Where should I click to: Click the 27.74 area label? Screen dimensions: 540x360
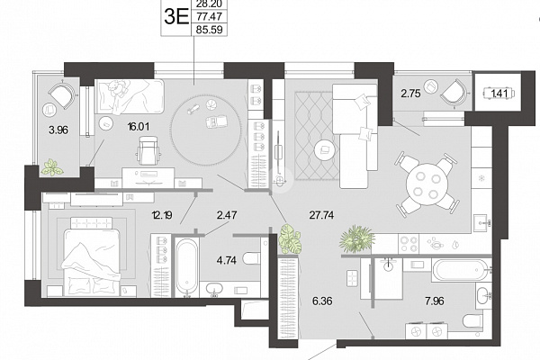coord(321,215)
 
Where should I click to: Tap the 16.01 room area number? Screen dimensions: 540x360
coord(139,127)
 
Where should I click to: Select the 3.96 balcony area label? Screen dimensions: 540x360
coord(58,130)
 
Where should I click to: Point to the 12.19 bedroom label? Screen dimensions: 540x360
coord(162,216)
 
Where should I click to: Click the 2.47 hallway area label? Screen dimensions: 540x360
coord(227,215)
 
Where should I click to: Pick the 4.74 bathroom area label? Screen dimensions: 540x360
coord(227,260)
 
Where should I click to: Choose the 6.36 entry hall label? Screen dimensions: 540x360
coord(322,301)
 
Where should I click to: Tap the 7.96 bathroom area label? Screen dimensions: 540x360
coord(435,301)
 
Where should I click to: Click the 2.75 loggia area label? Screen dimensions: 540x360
coord(410,94)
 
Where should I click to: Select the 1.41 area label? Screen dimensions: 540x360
coord(498,93)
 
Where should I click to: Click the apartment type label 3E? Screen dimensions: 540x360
coord(176,16)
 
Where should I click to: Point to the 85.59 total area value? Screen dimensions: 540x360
coord(210,30)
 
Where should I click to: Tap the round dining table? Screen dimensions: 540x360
coord(427,184)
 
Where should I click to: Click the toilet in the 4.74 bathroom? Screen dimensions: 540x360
coord(251,258)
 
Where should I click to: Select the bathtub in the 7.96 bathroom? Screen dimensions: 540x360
coord(459,270)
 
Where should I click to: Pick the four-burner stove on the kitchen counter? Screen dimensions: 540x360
coord(409,244)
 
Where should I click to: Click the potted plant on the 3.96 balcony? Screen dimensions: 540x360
coord(52,167)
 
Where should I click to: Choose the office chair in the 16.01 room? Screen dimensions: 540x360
coord(148,150)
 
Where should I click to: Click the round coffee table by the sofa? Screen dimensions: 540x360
coord(325,149)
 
